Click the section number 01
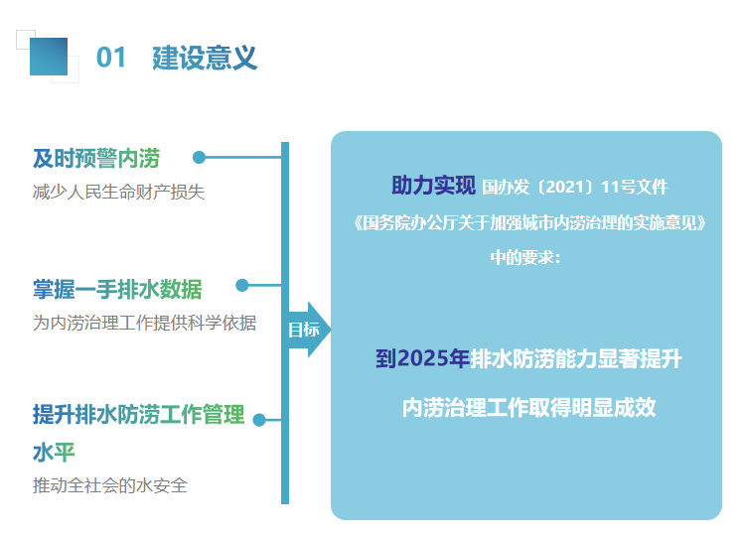(x=111, y=58)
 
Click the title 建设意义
(x=205, y=58)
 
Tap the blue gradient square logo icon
(x=49, y=57)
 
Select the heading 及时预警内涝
(x=95, y=158)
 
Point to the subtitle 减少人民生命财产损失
(x=118, y=192)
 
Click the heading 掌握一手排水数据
(x=117, y=289)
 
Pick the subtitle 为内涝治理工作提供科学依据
(x=144, y=323)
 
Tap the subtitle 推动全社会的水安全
(x=109, y=485)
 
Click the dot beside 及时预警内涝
(x=199, y=157)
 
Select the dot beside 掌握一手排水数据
(x=242, y=285)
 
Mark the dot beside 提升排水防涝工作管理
(x=259, y=420)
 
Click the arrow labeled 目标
(x=306, y=330)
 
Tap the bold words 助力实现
(x=433, y=186)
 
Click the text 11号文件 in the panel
(x=642, y=187)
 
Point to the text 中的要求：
(x=525, y=257)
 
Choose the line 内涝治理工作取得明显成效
(x=528, y=407)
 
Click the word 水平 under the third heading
(x=54, y=452)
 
